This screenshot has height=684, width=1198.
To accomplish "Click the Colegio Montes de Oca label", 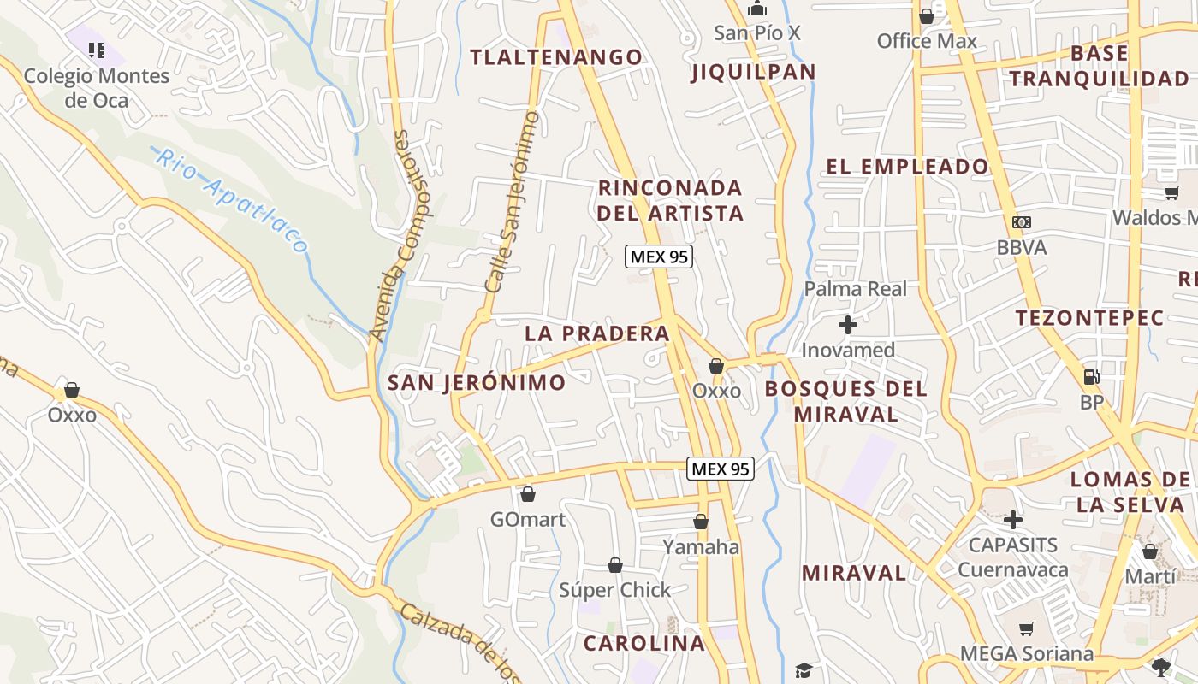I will coord(96,88).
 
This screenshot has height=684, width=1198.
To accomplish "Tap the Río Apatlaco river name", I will coord(231,200).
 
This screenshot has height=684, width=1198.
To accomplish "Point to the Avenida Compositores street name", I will coord(400,236).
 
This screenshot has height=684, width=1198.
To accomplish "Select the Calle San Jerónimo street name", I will coord(512,202).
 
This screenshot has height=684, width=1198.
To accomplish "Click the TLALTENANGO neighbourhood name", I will coord(556,57).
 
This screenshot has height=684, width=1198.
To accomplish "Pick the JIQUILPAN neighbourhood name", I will coord(753,72).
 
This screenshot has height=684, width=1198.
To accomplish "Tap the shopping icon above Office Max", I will coord(926,16).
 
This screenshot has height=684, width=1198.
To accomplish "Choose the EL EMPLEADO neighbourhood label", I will coord(907,167).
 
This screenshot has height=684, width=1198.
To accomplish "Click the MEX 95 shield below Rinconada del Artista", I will coord(658,256).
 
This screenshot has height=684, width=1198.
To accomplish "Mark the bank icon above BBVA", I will coord(1021,222).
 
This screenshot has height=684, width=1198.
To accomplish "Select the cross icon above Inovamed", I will coord(848,325).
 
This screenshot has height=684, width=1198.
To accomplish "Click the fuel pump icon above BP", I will coord(1091,376).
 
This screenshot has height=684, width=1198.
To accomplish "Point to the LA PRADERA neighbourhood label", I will coord(597,333).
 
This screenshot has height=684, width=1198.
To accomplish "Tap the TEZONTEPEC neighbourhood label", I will coord(1089,318).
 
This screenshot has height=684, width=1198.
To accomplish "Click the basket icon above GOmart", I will coord(528,494).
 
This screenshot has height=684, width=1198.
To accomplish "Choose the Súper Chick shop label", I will coord(614,590).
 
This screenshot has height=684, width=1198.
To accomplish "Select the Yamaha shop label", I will coord(701,546).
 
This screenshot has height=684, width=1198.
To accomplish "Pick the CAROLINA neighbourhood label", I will coord(644,643).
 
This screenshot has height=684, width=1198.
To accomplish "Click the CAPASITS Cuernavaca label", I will coord(1013,557).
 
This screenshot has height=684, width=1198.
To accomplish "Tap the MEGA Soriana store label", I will coord(1026,654).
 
